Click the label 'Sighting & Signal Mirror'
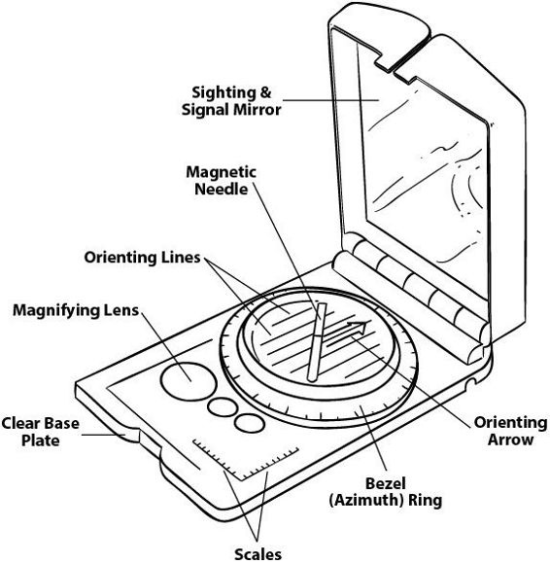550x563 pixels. [231, 101]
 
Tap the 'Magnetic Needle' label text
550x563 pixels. [221, 180]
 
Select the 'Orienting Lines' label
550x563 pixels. [142, 258]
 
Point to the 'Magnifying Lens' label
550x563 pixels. [76, 310]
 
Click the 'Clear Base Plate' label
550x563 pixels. [40, 432]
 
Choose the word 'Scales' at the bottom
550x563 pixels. [258, 554]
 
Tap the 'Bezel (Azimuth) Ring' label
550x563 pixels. [386, 492]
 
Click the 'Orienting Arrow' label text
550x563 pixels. [510, 431]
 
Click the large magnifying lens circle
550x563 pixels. [189, 381]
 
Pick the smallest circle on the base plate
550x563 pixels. [250, 422]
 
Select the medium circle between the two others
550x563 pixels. [223, 406]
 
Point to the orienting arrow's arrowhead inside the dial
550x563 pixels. [359, 326]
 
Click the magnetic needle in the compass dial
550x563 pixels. [317, 342]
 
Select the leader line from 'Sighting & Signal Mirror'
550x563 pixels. [330, 100]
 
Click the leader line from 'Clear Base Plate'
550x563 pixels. [104, 435]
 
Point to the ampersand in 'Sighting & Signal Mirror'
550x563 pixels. [264, 92]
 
